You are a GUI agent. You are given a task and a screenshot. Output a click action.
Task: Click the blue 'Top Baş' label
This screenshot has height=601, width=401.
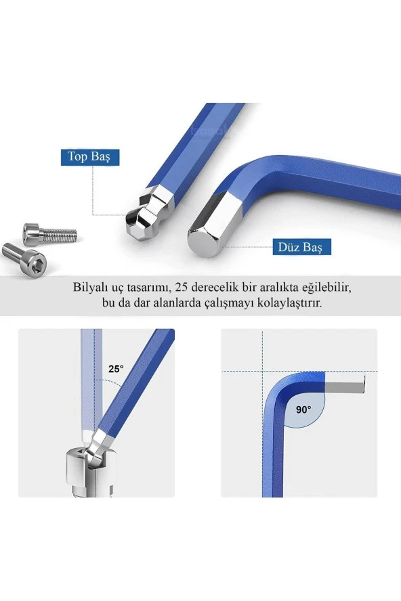click(90, 157)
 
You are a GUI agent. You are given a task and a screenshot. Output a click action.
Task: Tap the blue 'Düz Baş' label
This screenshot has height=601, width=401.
click(301, 247)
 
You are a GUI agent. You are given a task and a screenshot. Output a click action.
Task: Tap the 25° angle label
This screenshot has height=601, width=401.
click(116, 369)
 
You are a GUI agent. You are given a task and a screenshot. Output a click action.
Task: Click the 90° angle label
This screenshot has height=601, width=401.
click(303, 409)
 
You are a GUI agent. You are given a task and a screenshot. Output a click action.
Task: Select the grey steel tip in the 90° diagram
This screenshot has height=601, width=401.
click(345, 384)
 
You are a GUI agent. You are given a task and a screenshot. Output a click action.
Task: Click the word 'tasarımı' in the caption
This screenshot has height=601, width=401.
click(149, 288)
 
